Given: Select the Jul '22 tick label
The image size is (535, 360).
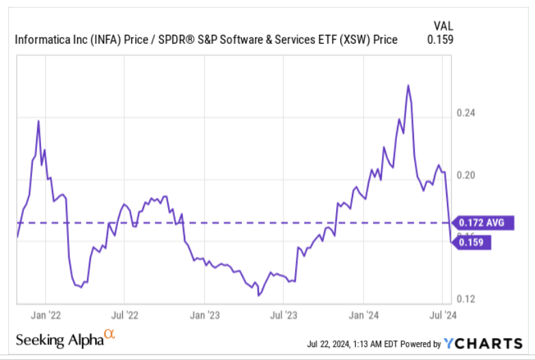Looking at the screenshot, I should click(x=124, y=316).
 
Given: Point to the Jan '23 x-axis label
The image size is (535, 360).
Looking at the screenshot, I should click(x=204, y=316).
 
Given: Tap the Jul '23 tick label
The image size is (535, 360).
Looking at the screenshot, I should click(x=283, y=316).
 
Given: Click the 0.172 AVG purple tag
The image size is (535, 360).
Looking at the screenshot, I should click(x=484, y=223).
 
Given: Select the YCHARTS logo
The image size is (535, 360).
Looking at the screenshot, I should click(x=484, y=343).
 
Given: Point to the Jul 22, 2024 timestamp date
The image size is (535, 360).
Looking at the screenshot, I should click(x=332, y=344).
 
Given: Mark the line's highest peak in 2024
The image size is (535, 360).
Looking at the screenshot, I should click(x=408, y=85).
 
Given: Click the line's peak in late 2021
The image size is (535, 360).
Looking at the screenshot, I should click(x=38, y=121).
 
